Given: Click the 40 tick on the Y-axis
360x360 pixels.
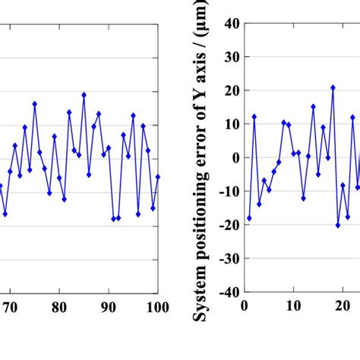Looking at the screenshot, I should click(x=230, y=24).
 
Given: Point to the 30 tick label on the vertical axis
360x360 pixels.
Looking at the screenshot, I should click(x=230, y=57).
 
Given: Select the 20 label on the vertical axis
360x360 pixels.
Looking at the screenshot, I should click(x=230, y=90).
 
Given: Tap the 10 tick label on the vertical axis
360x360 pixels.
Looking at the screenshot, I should click(x=230, y=124).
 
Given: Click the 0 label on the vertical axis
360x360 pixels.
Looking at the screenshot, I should click(x=234, y=157).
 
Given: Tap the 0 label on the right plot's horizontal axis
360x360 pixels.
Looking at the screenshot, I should click(x=245, y=307).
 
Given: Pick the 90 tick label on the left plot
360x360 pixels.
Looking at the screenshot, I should click(x=109, y=307).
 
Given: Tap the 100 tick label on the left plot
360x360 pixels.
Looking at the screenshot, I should click(x=157, y=307).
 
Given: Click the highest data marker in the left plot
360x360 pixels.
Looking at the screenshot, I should click(x=84, y=95).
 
